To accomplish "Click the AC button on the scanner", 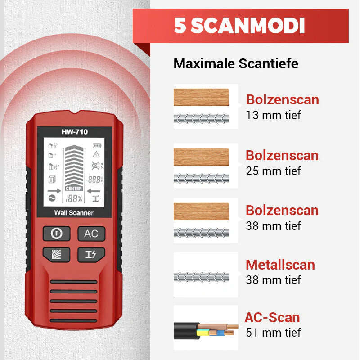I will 91,234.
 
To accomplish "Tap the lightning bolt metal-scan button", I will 91,254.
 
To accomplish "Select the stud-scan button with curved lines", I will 57,254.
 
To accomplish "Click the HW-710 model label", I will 75,132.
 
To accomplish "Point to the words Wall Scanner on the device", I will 74,212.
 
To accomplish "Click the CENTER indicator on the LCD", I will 74,189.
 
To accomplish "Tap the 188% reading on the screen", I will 74,198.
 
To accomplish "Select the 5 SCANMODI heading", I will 239,26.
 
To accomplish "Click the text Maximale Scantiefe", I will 236,63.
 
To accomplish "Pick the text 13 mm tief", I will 273,115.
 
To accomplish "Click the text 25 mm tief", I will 273,171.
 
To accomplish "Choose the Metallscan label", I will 280,265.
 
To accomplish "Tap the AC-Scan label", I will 272,317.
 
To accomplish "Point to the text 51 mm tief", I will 273,333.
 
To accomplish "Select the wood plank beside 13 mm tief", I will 201,97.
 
